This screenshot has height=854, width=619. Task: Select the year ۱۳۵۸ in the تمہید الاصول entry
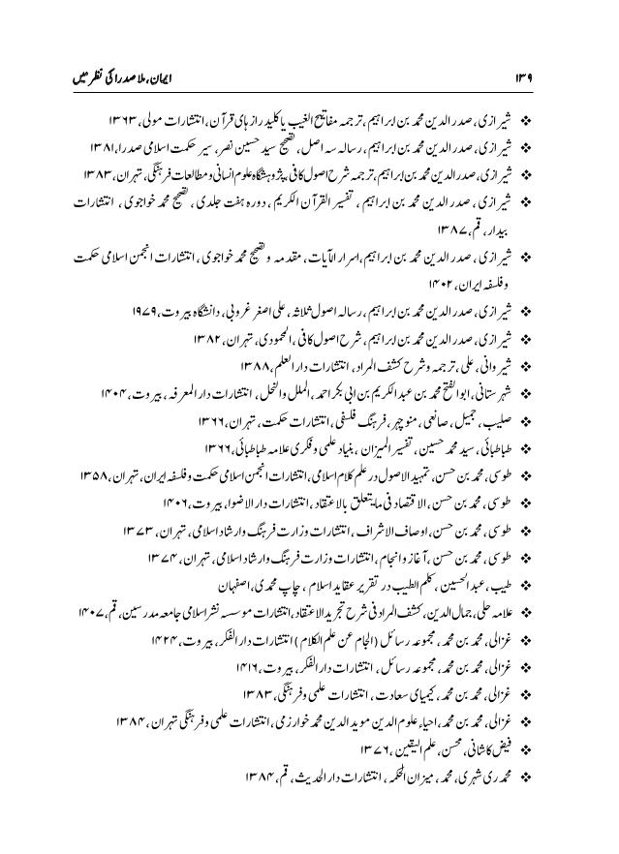pos(114,474)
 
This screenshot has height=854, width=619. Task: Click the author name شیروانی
pos(495,367)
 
